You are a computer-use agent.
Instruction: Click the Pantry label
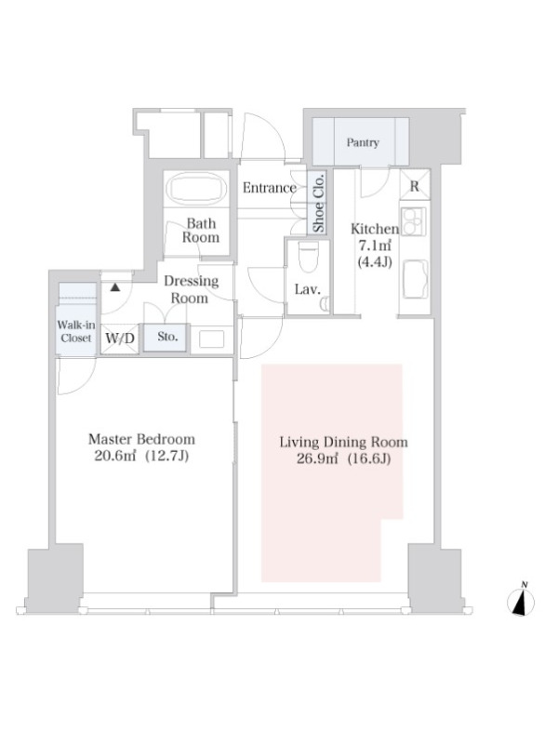pos(363,142)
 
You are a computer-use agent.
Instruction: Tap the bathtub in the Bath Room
pos(197,189)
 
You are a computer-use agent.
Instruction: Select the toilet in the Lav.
pos(309,258)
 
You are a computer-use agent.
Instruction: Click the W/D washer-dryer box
pos(120,339)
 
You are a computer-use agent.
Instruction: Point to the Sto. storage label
pos(167,337)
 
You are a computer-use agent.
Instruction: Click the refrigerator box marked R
pos(415,185)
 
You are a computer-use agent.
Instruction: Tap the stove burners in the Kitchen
pos(414,221)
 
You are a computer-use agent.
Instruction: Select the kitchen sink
pos(416,279)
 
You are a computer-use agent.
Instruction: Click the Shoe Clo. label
pos(318,203)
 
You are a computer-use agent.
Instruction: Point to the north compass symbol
pos(521,601)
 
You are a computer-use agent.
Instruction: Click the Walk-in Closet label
pos(76,331)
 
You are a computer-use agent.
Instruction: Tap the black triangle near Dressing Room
pos(114,287)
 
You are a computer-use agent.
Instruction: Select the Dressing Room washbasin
pos(212,339)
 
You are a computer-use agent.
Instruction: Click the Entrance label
pos(269,188)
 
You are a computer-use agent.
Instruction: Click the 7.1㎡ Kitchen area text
pos(375,246)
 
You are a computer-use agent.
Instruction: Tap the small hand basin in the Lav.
pos(325,304)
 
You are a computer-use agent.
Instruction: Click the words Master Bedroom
pos(141,439)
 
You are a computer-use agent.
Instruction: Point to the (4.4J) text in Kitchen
pos(375,261)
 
